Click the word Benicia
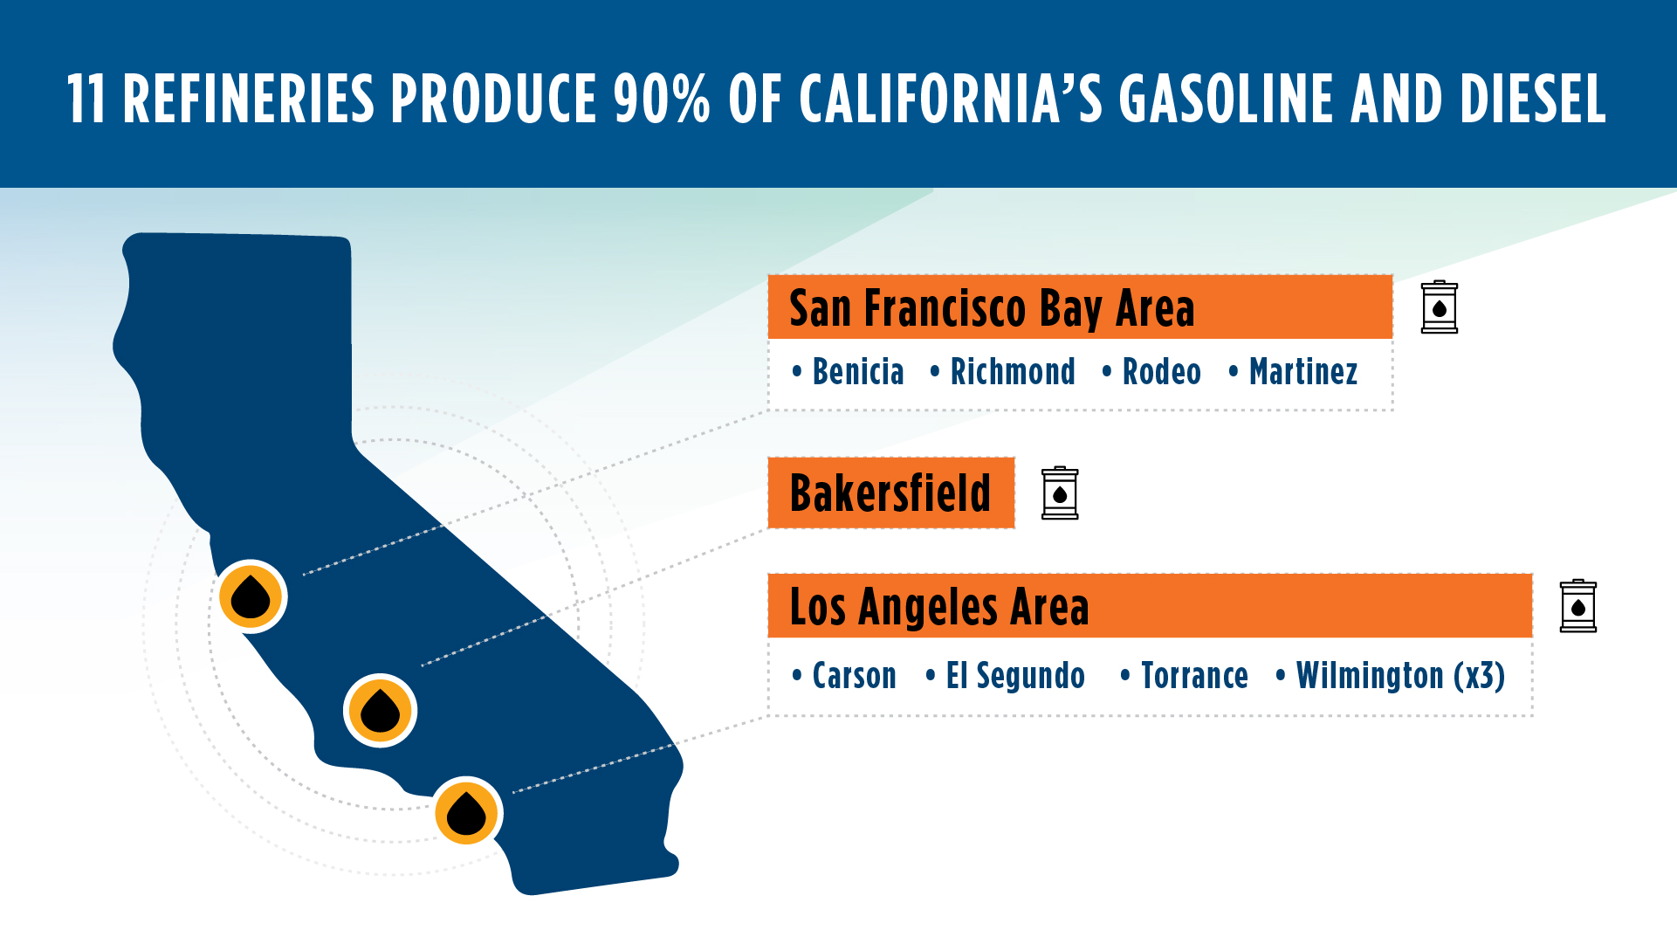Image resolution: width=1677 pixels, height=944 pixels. [857, 372]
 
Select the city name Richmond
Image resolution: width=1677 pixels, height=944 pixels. [1012, 372]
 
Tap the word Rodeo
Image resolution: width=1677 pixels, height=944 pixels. [1161, 372]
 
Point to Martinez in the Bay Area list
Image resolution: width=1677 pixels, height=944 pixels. [1302, 372]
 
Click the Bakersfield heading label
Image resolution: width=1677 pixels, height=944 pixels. [890, 493]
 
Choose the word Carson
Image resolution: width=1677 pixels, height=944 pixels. [854, 676]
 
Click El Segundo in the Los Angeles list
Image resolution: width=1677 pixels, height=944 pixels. [1015, 676]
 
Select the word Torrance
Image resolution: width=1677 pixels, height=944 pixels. [1194, 676]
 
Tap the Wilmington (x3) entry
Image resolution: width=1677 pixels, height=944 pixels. [1399, 676]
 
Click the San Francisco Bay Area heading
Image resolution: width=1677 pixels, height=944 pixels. [992, 308]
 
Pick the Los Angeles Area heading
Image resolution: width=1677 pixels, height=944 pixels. [939, 607]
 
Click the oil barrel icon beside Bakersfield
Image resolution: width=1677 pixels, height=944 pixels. [1060, 493]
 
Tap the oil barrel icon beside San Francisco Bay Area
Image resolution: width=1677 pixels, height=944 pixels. [1439, 307]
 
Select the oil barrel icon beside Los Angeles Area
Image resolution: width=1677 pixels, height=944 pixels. [1577, 606]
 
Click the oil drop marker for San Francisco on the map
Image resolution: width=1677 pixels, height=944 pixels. [251, 596]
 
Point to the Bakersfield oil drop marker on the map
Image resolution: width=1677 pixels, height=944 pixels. [380, 710]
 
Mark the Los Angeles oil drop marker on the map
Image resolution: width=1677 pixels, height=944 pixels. [466, 813]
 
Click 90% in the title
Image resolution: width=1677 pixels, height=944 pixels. [662, 99]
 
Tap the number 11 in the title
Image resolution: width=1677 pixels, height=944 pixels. [86, 99]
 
